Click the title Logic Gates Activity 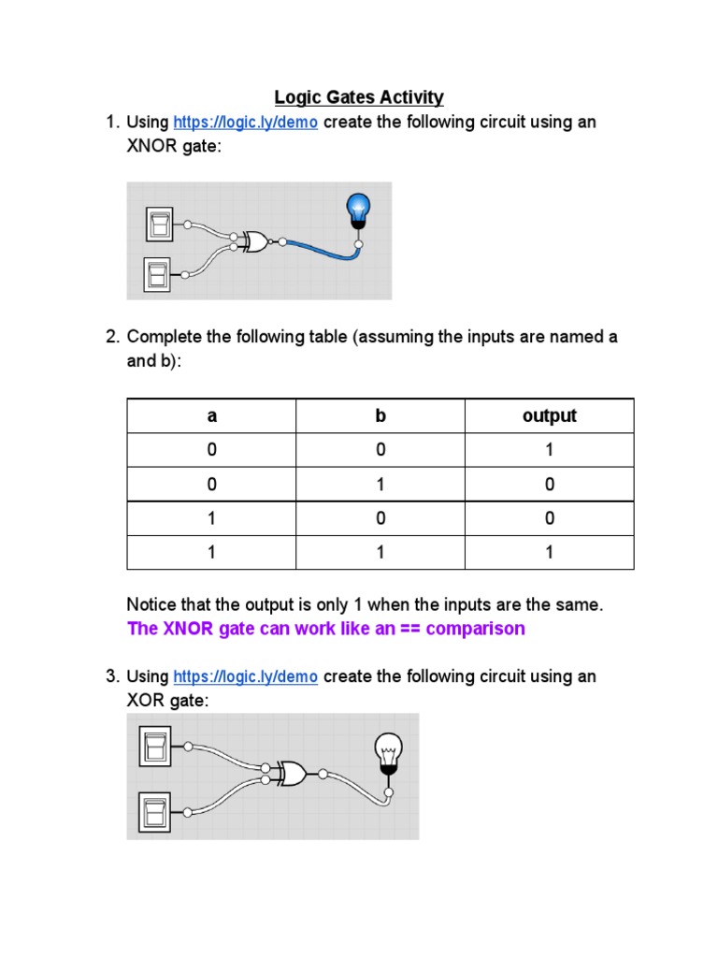(x=358, y=97)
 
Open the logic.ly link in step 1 (x=246, y=123)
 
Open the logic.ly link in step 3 (x=246, y=676)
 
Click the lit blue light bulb (x=358, y=210)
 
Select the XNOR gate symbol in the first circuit (x=251, y=241)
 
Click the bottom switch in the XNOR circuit (x=156, y=275)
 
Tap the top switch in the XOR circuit (x=156, y=746)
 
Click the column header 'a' (x=212, y=416)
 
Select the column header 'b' (x=381, y=416)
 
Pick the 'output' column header (x=550, y=416)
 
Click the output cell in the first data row (x=550, y=450)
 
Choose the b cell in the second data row (x=381, y=485)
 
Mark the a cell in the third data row (x=212, y=518)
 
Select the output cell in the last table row (x=550, y=553)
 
